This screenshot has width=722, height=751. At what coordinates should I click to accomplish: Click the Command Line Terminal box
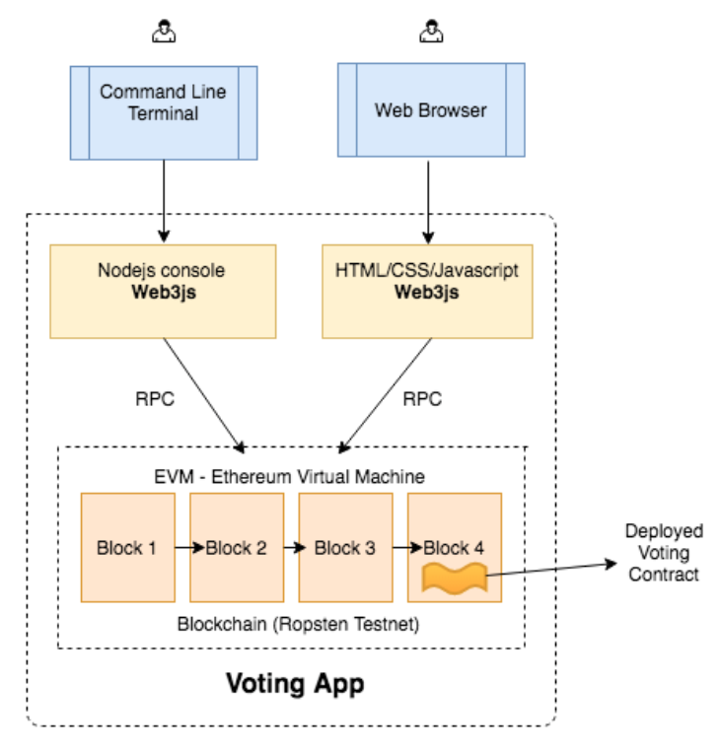coord(164,111)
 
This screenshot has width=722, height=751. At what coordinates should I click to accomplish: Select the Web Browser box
coord(430,109)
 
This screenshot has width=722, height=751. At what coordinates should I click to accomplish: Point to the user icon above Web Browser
coord(429,34)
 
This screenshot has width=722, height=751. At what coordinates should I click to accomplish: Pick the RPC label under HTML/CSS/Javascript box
coord(422,399)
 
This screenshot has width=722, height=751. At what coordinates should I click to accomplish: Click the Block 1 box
coord(127,547)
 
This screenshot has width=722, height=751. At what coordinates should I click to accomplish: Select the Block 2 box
coord(236,547)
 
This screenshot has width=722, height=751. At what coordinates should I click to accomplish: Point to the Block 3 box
coord(345,547)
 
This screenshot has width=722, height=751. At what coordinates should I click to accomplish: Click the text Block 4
coord(454,547)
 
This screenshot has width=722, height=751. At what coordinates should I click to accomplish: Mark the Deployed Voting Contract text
coord(663,553)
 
